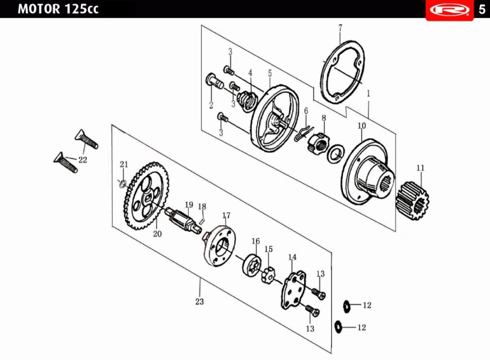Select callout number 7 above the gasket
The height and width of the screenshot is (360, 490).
coord(340,27)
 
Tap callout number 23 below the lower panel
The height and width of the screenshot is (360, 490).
coord(199,302)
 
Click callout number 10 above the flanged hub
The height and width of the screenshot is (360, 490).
coord(362,126)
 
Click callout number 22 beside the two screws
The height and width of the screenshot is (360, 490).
coord(82,159)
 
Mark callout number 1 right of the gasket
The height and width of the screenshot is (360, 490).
coord(368,93)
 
